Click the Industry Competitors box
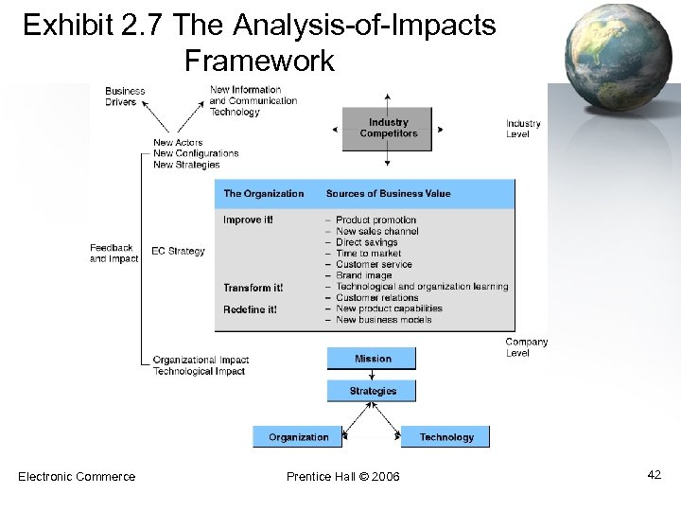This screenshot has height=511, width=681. (388, 129)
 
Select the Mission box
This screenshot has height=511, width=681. (373, 359)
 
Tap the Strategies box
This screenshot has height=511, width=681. (373, 391)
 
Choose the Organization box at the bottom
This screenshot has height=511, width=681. (298, 437)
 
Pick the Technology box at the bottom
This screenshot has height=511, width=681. (446, 437)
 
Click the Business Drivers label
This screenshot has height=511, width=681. (125, 97)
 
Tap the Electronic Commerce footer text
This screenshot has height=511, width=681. (77, 476)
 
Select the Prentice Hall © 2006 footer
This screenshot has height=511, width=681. (342, 476)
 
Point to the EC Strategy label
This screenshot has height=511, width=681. (178, 252)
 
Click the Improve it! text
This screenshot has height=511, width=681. (248, 220)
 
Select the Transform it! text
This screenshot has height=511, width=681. (253, 288)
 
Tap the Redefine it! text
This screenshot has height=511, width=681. (250, 309)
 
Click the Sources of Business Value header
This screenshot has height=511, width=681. (388, 194)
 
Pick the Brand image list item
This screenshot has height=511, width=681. (363, 275)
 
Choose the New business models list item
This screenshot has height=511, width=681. (383, 320)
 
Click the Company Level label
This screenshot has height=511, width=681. (526, 347)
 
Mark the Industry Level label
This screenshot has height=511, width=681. (523, 129)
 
